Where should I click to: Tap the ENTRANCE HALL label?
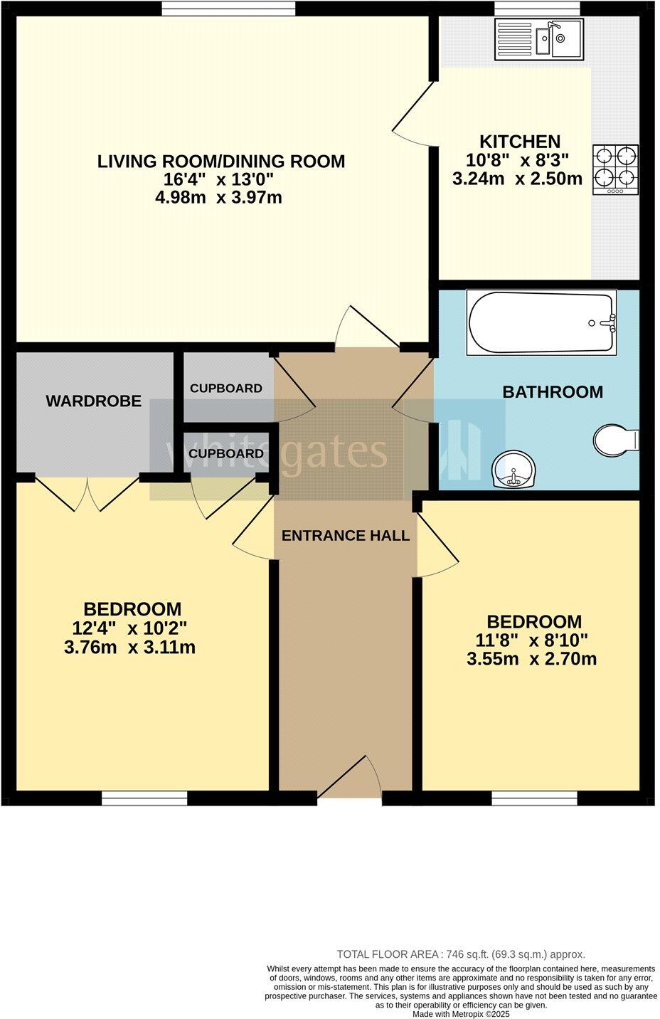(x=346, y=536)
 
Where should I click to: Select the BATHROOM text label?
(x=552, y=392)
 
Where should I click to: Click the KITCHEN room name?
(x=519, y=142)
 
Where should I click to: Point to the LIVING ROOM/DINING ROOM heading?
(x=220, y=162)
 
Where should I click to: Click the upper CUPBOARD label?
(x=225, y=389)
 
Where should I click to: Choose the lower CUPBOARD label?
(x=226, y=454)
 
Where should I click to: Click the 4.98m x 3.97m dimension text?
(x=218, y=198)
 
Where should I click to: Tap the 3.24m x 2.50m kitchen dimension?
(x=517, y=179)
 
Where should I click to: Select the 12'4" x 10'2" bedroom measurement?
(x=129, y=628)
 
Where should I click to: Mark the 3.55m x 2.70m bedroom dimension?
(x=531, y=660)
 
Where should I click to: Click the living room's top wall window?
(x=228, y=8)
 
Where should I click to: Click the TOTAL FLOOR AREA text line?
(x=460, y=954)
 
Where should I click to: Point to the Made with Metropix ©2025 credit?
(x=461, y=1014)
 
